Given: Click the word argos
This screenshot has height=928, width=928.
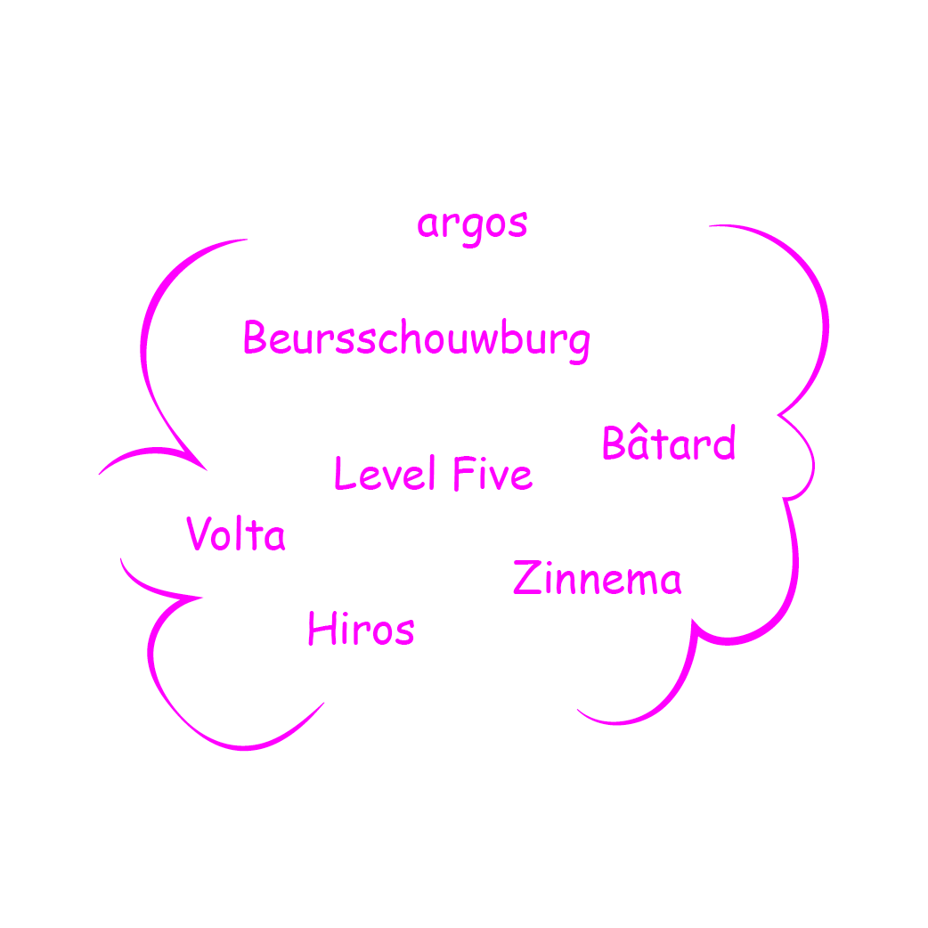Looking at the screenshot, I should tap(472, 224).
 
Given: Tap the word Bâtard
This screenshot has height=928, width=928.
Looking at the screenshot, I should tap(669, 444).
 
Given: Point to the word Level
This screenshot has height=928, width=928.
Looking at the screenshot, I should tap(384, 474).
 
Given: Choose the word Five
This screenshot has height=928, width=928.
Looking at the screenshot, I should tap(492, 474).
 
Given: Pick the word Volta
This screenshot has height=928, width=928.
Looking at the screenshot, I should tap(236, 535).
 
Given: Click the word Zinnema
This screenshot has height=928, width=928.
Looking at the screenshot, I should tap(598, 580).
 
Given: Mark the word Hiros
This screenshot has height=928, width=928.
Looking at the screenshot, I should tap(361, 630).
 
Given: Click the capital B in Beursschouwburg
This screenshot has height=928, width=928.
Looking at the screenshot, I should tap(255, 338).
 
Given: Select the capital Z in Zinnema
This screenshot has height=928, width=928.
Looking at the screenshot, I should tap(526, 578).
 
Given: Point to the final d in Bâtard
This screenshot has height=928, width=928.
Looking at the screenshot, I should tap(725, 444).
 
